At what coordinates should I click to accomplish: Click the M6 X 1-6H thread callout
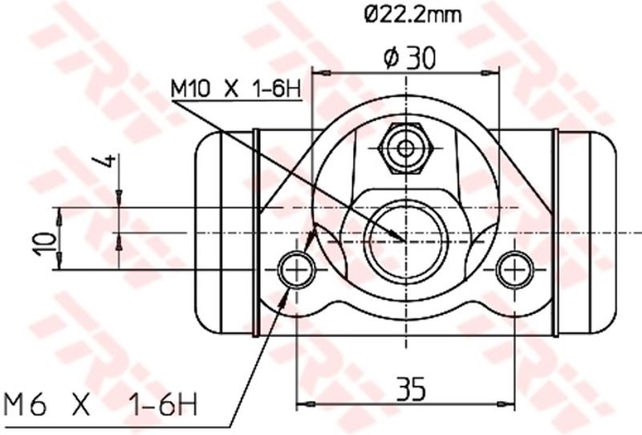pyautogui.click(x=101, y=401)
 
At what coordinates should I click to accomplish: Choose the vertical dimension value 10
pyautogui.click(x=47, y=239)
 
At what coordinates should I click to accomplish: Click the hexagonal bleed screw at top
pyautogui.click(x=406, y=148)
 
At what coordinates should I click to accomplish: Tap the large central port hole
pyautogui.click(x=404, y=238)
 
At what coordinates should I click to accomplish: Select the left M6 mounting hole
pyautogui.click(x=296, y=270)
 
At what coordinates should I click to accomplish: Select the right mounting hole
pyautogui.click(x=514, y=270)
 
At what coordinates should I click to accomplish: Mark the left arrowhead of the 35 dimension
pyautogui.click(x=303, y=403)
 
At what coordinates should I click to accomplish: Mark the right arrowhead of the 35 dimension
pyautogui.click(x=507, y=403)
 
